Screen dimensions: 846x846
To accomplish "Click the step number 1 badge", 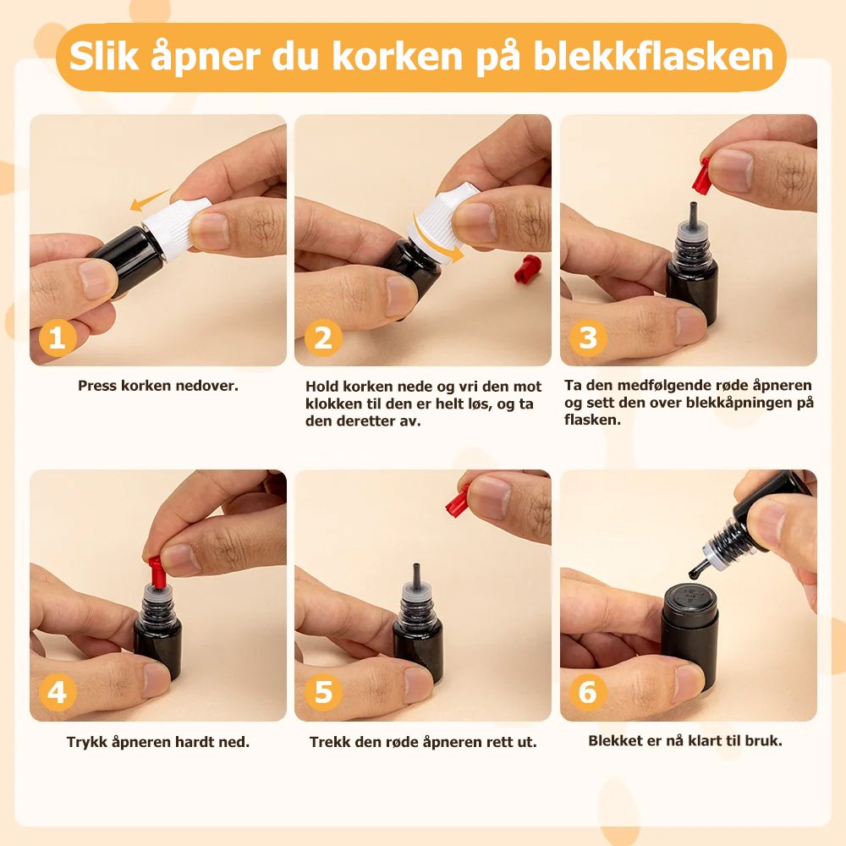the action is click(x=58, y=338).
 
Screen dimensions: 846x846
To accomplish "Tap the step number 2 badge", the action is click(x=323, y=338).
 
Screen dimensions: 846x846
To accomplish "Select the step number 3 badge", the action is click(x=588, y=338).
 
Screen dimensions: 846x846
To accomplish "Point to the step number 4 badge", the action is click(x=58, y=692).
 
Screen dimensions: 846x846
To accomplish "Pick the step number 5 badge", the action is click(x=323, y=692).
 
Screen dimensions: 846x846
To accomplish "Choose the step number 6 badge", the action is click(x=588, y=692).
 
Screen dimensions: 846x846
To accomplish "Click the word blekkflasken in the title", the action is click(x=654, y=57).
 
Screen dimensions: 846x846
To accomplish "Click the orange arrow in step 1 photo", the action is click(x=150, y=201).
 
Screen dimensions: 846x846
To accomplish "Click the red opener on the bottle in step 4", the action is click(x=156, y=573).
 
